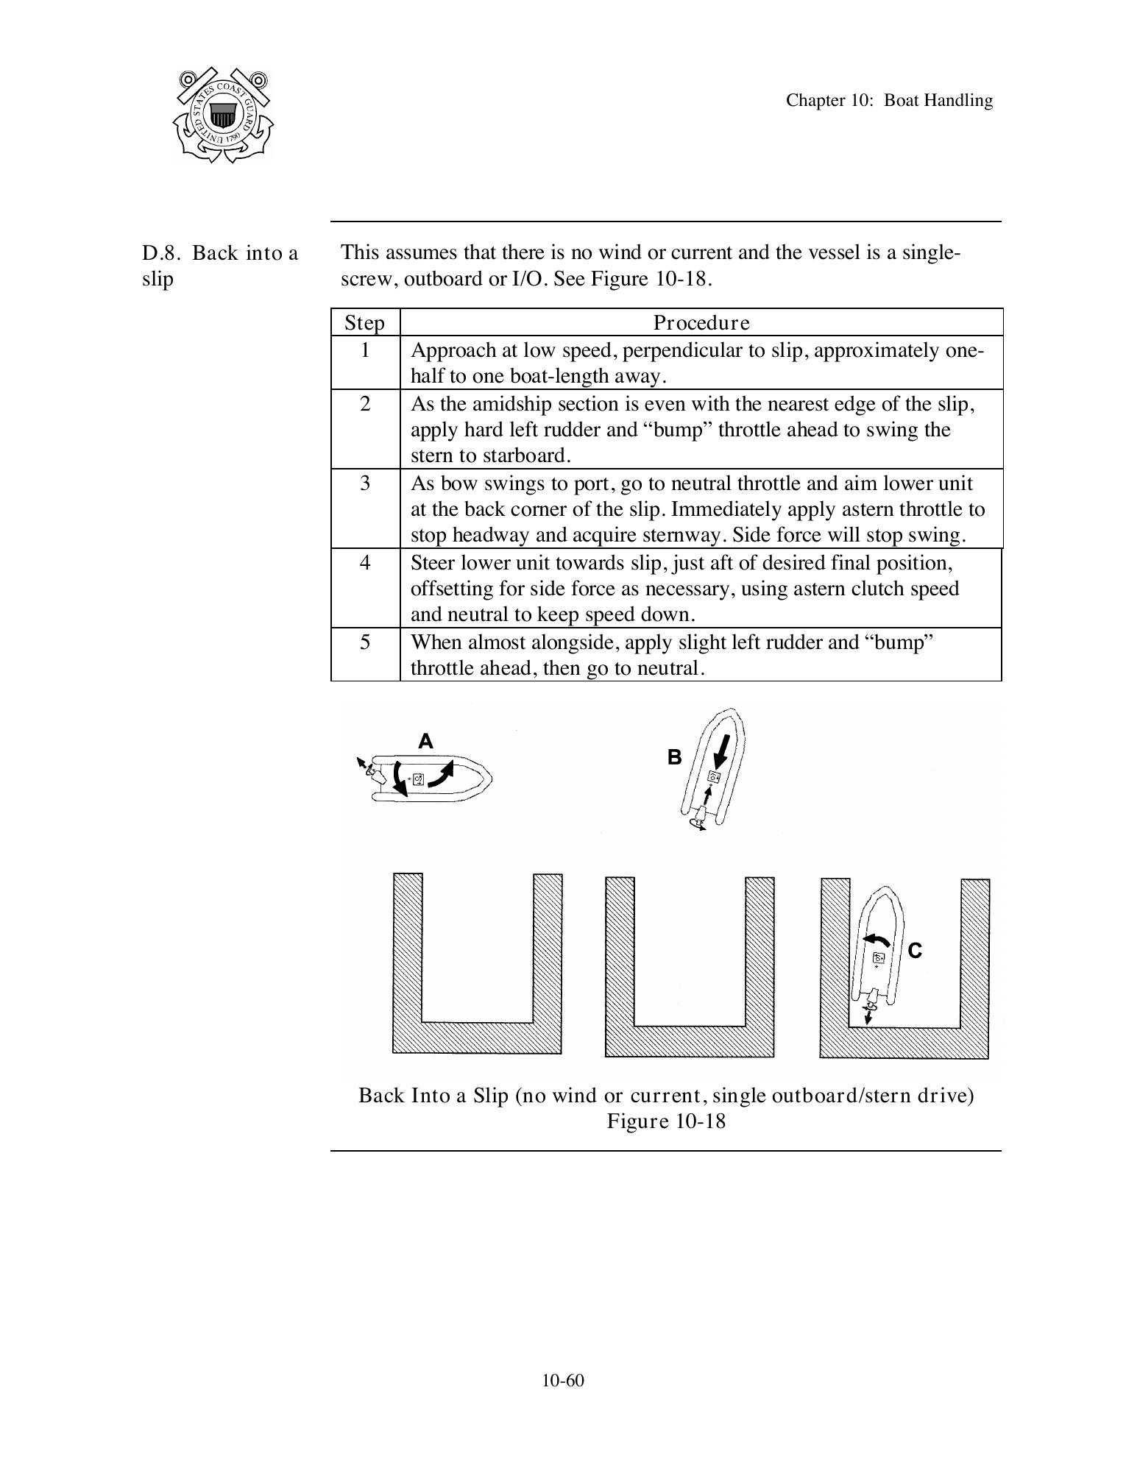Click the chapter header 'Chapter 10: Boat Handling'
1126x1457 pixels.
point(888,100)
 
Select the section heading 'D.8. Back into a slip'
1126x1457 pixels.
point(219,266)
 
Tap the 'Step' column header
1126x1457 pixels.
point(364,323)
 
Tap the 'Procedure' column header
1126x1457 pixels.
point(701,323)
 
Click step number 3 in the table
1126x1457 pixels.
point(365,483)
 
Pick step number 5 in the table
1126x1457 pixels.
point(365,642)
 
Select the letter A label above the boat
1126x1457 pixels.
point(425,741)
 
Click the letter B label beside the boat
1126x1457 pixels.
point(674,757)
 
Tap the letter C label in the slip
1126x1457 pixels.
point(915,951)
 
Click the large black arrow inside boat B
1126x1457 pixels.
point(723,751)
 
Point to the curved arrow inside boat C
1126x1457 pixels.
point(876,940)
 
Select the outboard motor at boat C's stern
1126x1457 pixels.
point(871,1001)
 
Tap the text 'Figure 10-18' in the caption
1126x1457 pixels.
point(666,1121)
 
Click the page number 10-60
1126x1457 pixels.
point(563,1380)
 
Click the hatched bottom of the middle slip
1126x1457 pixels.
point(689,1041)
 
